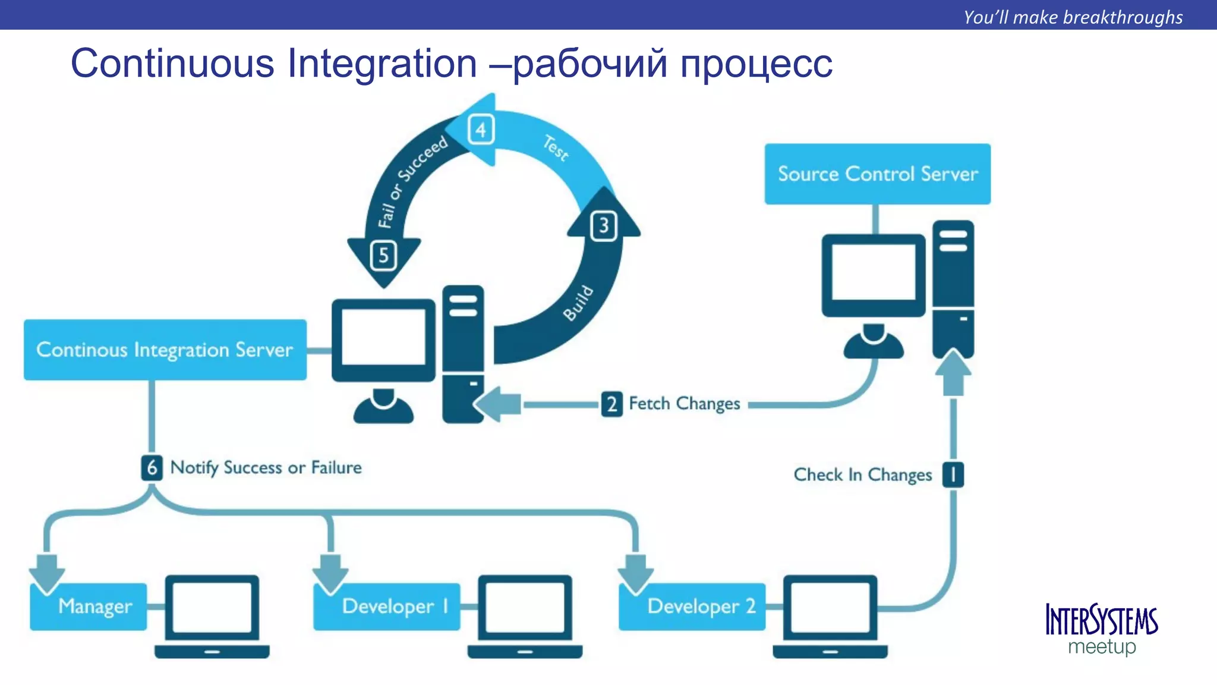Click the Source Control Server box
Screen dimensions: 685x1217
coord(877,174)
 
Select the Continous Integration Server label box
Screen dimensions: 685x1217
coord(165,350)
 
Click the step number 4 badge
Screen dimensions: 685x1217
coord(481,129)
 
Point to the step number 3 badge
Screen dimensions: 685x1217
coord(604,226)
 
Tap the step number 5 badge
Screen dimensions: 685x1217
coord(383,256)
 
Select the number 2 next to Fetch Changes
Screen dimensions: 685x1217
coord(611,404)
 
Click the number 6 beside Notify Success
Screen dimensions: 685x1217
coord(152,468)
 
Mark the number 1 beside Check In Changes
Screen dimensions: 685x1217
coord(953,475)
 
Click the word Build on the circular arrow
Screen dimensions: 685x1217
coord(578,303)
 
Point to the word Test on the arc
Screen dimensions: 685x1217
coord(556,148)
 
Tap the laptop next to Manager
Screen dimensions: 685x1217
coord(212,615)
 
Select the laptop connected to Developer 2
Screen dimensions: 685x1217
coord(830,615)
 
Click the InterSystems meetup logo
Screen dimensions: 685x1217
coord(1101,629)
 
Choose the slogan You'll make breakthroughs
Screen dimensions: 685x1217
coord(1073,17)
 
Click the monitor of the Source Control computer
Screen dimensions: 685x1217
coord(873,274)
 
